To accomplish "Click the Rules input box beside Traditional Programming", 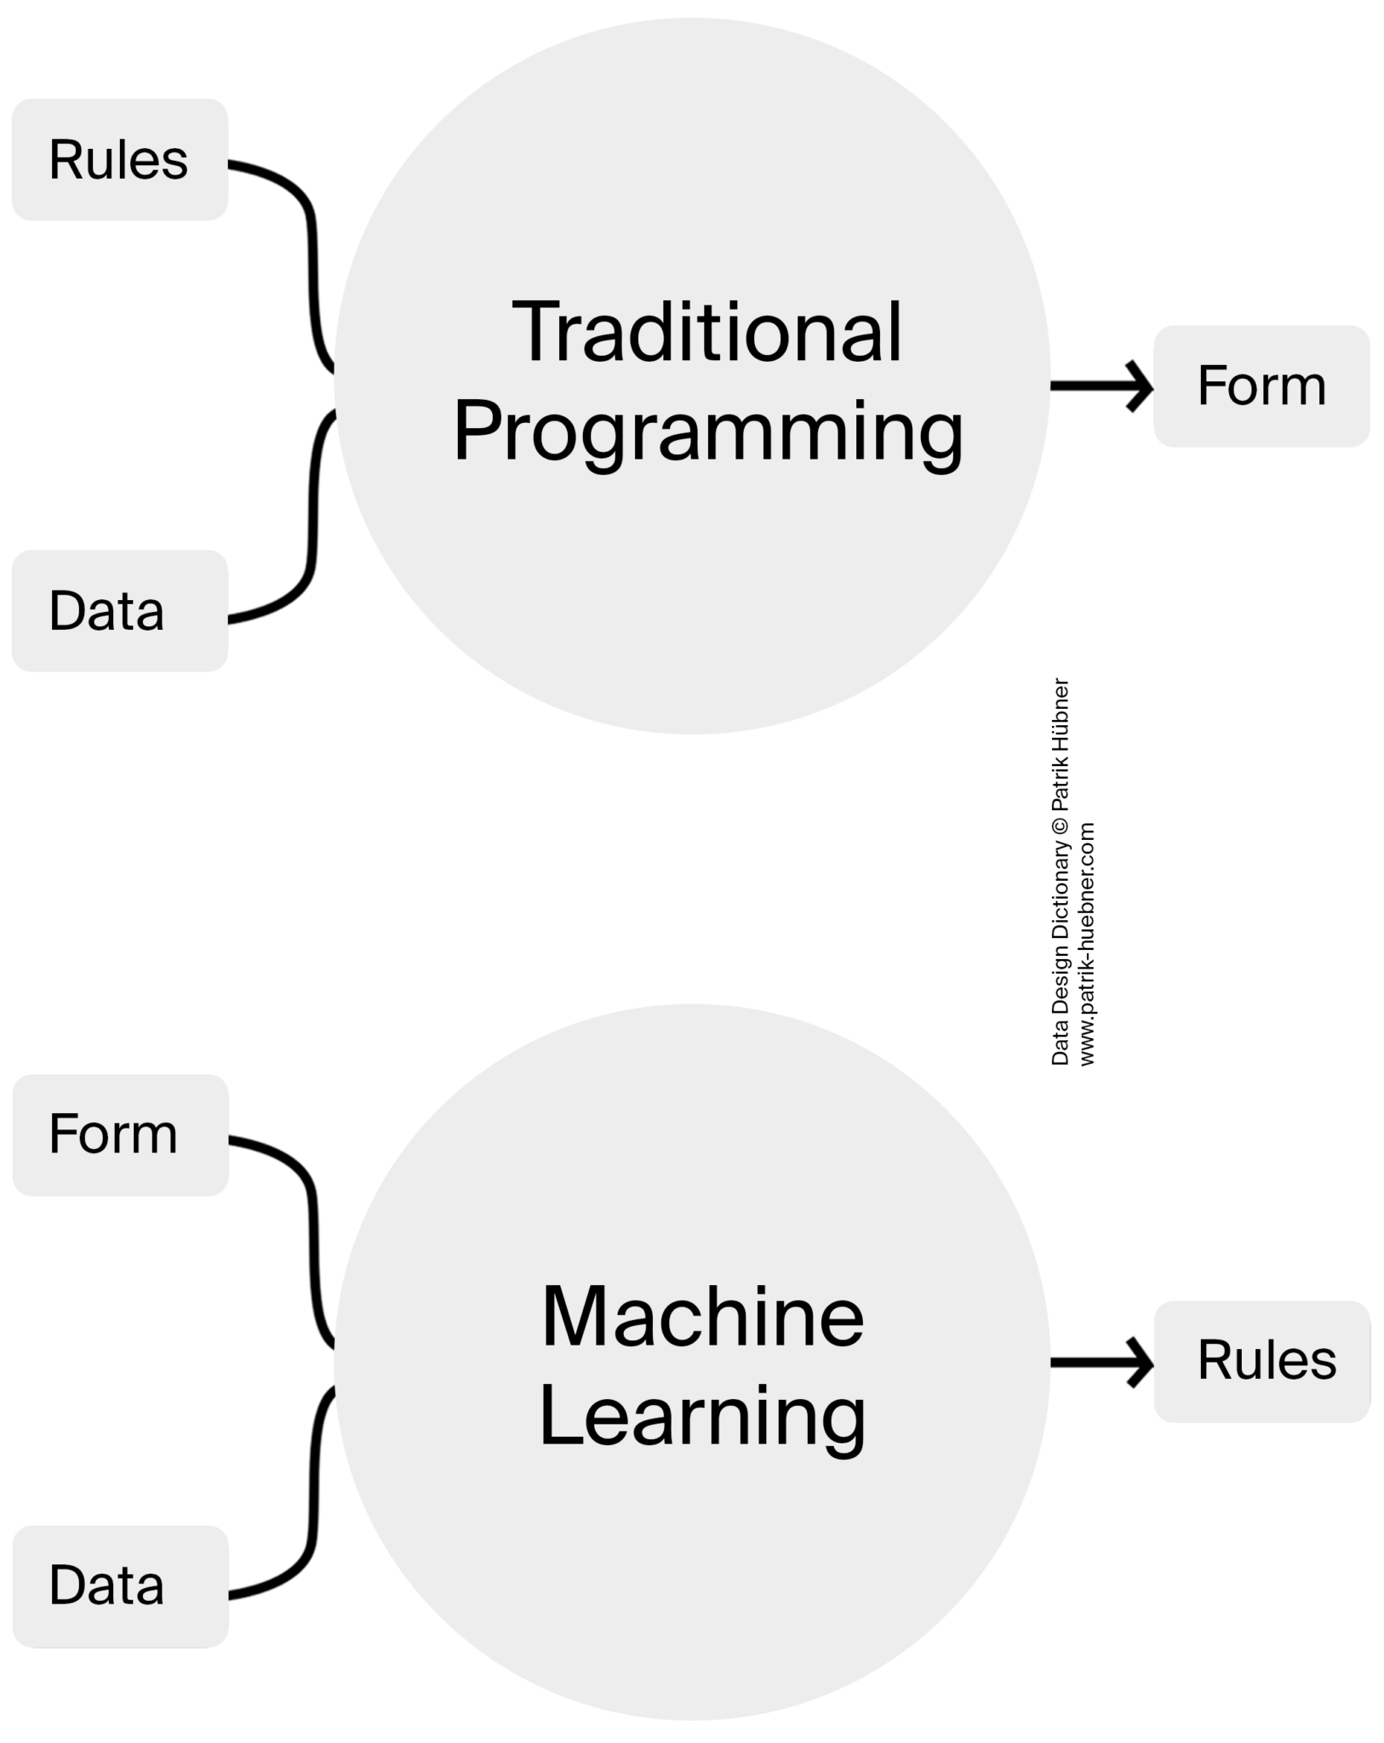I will point(119,159).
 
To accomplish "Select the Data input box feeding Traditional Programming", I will point(119,610).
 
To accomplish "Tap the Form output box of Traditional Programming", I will point(1261,386).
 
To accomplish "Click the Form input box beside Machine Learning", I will point(119,1134).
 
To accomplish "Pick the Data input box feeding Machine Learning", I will point(119,1586).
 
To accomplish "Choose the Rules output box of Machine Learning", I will point(1262,1361).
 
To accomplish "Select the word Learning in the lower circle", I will point(703,1417).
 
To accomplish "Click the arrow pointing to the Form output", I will point(1102,386).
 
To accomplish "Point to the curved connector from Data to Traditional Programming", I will point(312,528).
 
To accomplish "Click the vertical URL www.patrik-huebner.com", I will point(1087,943).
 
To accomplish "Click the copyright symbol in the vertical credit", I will point(1060,825).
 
